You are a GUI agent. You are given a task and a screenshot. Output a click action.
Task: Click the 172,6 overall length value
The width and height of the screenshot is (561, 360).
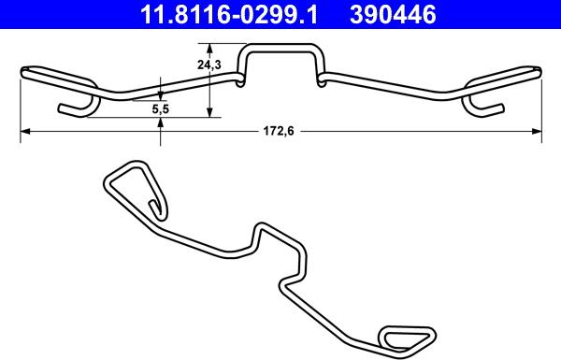pyautogui.click(x=279, y=133)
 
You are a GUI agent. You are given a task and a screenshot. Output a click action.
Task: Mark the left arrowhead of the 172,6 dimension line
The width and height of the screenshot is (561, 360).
pyautogui.click(x=24, y=133)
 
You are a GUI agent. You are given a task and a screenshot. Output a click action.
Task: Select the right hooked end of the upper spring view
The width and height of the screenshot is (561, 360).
pyautogui.click(x=485, y=106)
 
